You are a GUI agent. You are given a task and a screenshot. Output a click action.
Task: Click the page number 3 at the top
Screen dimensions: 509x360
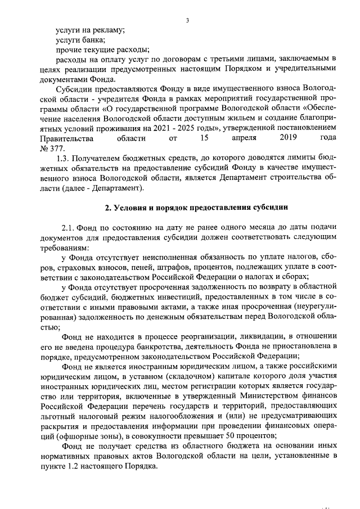[188, 21]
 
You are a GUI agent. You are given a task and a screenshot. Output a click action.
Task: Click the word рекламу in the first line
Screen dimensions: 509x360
[107, 30]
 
